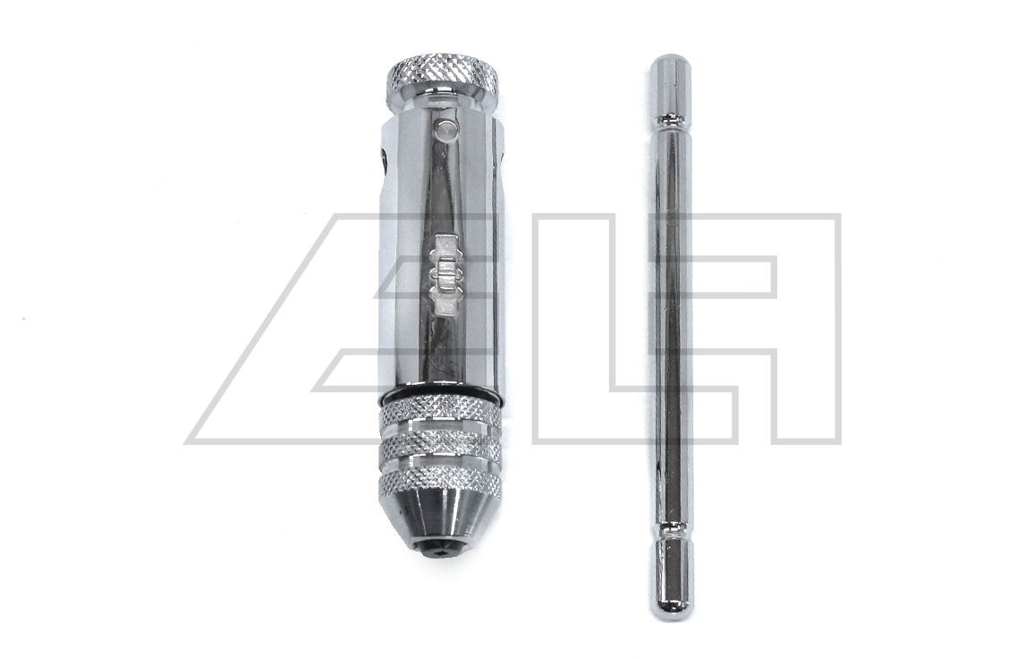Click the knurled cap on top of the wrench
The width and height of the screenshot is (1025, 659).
click(443, 75)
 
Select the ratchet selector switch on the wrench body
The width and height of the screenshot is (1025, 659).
click(444, 276)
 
